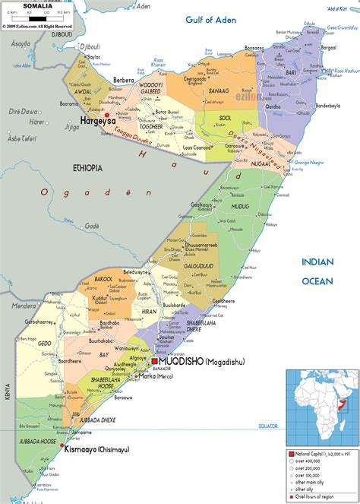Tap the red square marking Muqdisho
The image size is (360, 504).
pos(155,361)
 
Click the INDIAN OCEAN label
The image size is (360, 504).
pos(317,271)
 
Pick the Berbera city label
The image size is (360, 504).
pos(124,80)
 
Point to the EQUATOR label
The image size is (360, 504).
pos(267,425)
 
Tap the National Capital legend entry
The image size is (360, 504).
pos(314,453)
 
